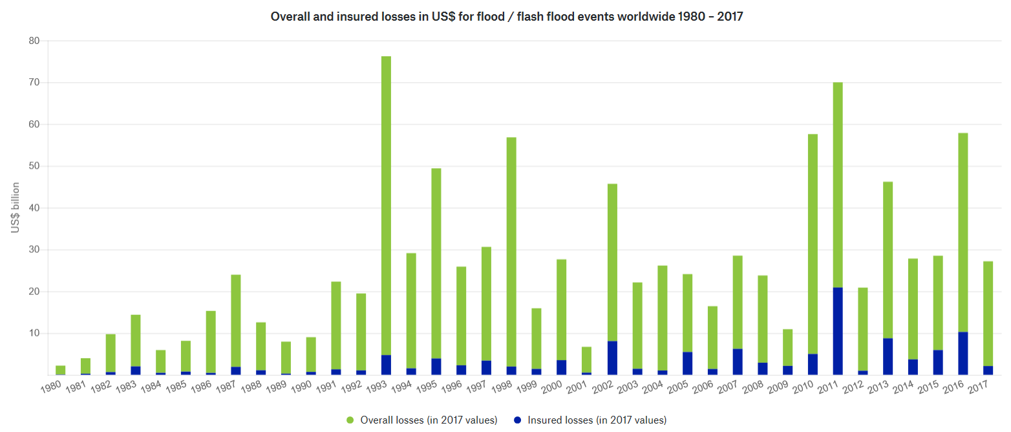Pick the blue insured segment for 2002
point(612,358)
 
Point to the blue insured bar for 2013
point(888,356)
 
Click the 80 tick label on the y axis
point(34,41)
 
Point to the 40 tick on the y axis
point(34,208)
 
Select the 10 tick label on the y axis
point(34,334)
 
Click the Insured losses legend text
point(597,420)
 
